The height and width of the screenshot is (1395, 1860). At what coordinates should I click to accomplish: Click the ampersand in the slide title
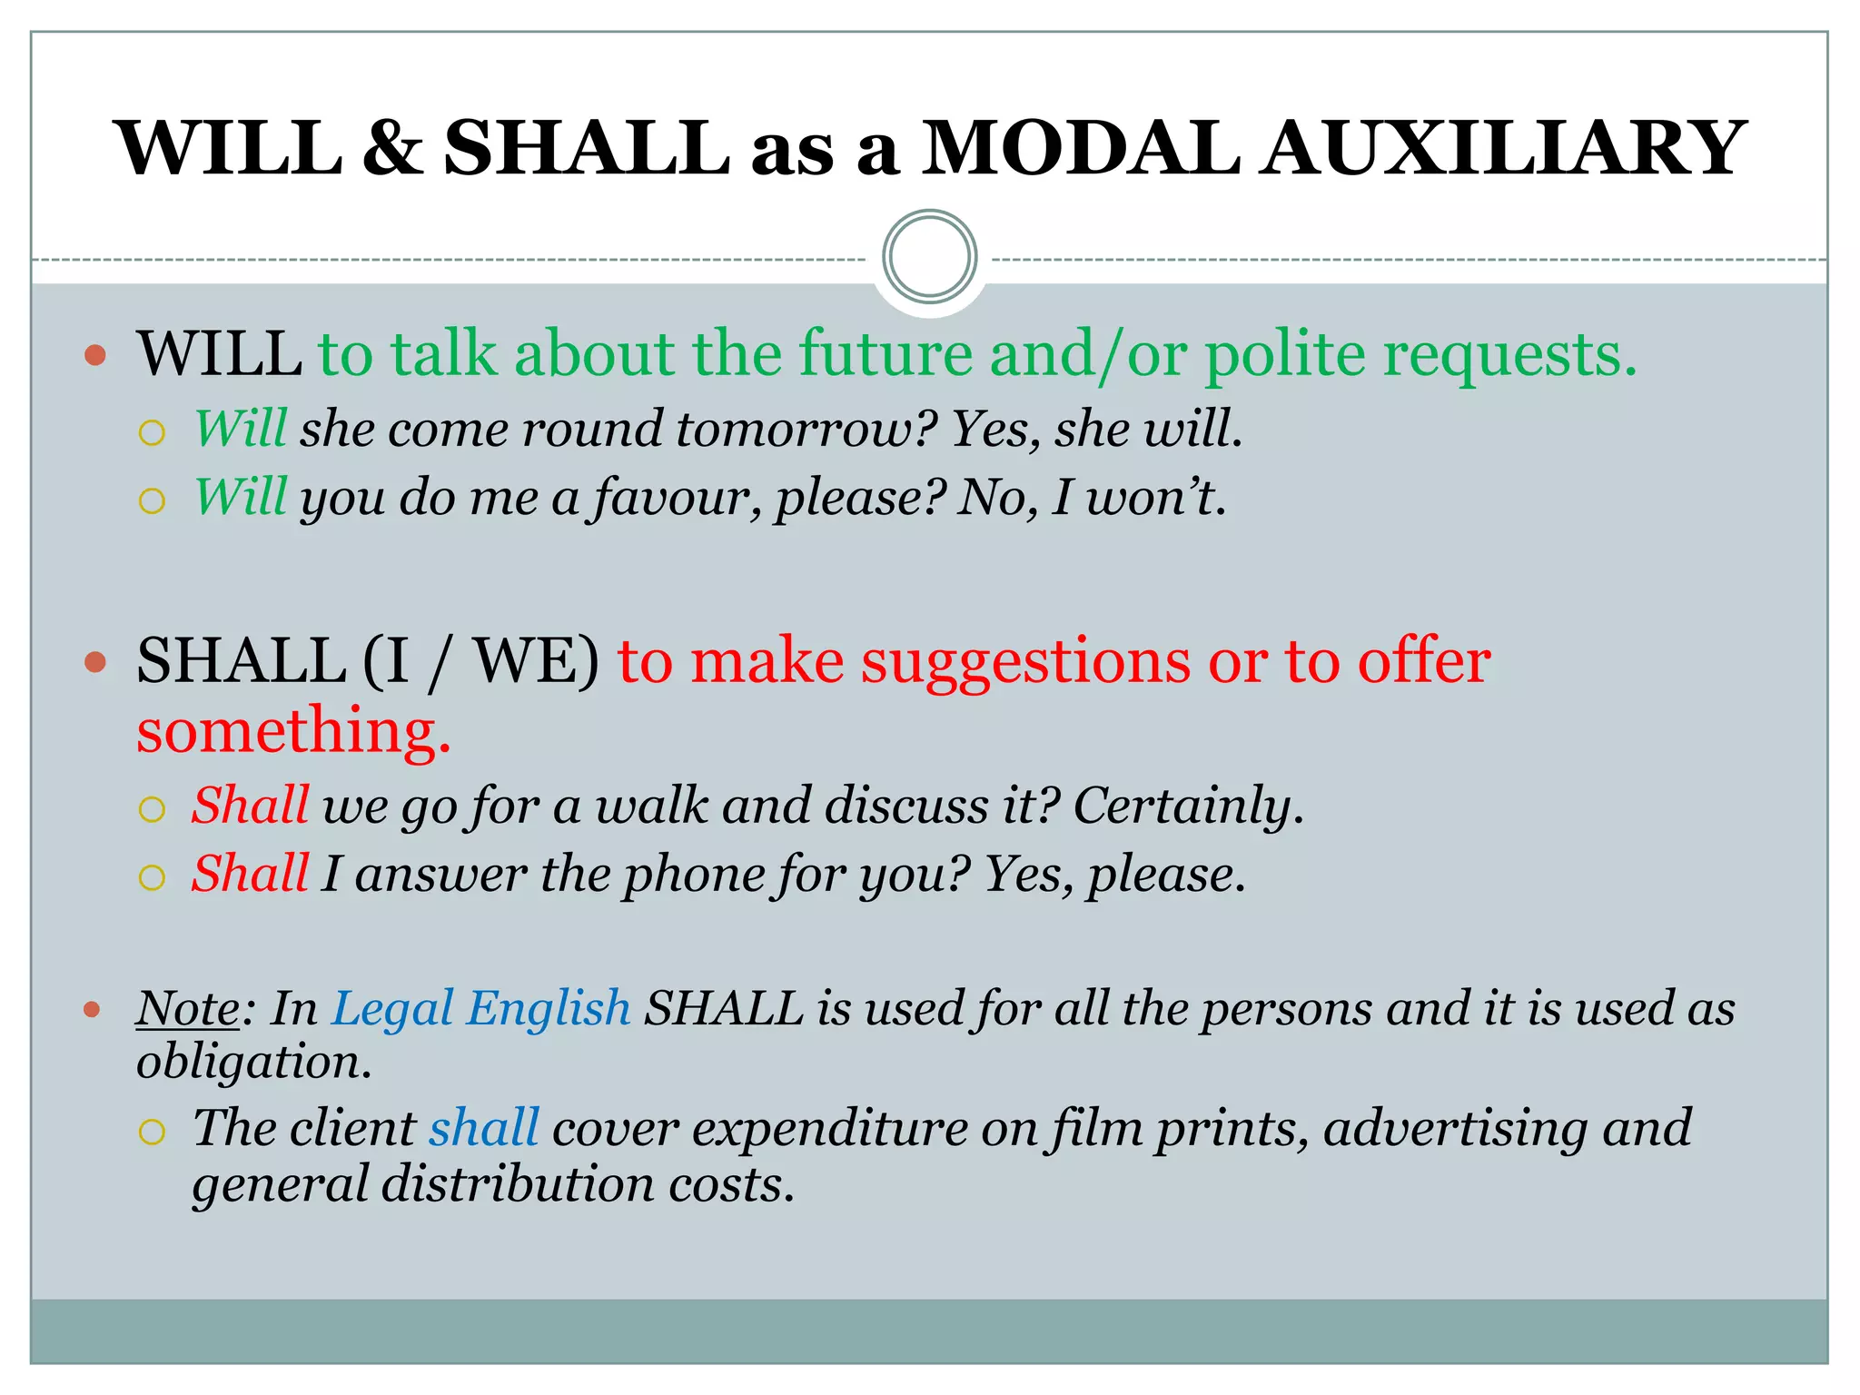[x=392, y=148]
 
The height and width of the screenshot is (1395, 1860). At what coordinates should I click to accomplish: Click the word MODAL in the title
[x=1081, y=148]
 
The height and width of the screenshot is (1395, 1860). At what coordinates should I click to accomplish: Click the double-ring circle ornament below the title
[x=929, y=257]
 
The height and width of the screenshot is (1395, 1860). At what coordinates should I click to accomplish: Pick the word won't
[x=1156, y=497]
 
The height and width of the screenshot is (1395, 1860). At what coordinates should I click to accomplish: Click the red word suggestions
[x=1025, y=662]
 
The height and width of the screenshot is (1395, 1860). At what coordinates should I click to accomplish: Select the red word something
[x=292, y=731]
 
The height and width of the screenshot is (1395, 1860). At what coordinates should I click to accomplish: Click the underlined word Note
[x=188, y=1008]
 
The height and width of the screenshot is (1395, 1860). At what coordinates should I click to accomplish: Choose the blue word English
[x=548, y=1008]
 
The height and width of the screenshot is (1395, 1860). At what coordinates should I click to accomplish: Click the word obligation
[x=253, y=1062]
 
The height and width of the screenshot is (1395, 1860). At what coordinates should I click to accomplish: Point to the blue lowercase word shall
[x=484, y=1128]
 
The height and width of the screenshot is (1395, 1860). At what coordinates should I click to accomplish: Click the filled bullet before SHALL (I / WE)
[x=94, y=662]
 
